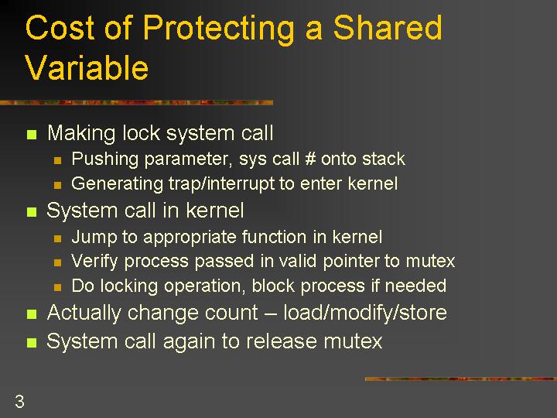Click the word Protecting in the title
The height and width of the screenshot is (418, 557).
click(x=218, y=29)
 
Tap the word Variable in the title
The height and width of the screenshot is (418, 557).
click(x=87, y=67)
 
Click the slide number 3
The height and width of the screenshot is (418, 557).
click(x=19, y=402)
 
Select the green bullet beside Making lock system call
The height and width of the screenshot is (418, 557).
click(x=32, y=135)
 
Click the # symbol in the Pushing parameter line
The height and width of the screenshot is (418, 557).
click(x=310, y=159)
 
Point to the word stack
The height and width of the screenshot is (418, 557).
click(x=383, y=159)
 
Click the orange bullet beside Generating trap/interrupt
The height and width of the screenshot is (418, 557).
click(x=57, y=185)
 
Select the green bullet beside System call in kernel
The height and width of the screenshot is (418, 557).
click(x=32, y=212)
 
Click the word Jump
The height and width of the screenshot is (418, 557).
click(x=94, y=238)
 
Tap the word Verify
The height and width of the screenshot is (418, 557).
click(x=94, y=262)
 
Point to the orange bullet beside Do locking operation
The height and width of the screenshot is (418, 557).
click(x=57, y=287)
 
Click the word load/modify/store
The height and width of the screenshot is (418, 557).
click(x=365, y=313)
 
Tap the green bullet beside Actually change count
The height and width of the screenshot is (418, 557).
click(x=32, y=314)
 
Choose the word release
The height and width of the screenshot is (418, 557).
click(x=281, y=341)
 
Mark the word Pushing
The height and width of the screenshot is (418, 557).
click(x=104, y=159)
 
